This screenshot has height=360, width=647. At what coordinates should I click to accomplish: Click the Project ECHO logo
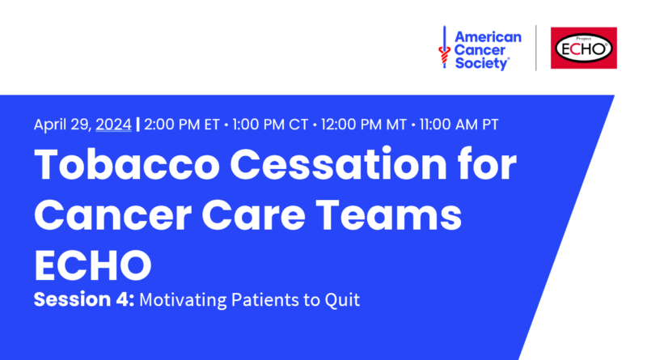(x=583, y=48)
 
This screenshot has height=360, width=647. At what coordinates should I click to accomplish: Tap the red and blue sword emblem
(x=444, y=47)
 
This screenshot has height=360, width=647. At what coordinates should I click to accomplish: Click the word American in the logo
(x=488, y=37)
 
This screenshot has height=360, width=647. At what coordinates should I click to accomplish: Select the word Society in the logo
(x=481, y=64)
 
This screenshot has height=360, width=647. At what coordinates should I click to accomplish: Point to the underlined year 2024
(x=113, y=125)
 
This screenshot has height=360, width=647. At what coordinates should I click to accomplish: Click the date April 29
(x=61, y=125)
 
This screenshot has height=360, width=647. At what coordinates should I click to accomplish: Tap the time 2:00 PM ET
(x=181, y=125)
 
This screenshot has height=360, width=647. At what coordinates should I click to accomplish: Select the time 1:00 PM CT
(x=270, y=125)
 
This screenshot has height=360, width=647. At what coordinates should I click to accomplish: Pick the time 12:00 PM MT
(x=363, y=125)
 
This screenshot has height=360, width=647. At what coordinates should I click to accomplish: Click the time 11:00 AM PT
(x=459, y=125)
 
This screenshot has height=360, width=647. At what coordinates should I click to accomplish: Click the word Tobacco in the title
(x=127, y=164)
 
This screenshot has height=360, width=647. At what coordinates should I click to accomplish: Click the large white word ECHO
(x=93, y=265)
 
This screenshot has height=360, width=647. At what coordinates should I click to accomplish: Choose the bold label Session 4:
(x=84, y=299)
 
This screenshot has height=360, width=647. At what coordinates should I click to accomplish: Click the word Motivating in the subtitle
(x=183, y=300)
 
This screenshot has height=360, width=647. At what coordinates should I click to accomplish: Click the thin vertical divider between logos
(x=536, y=48)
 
